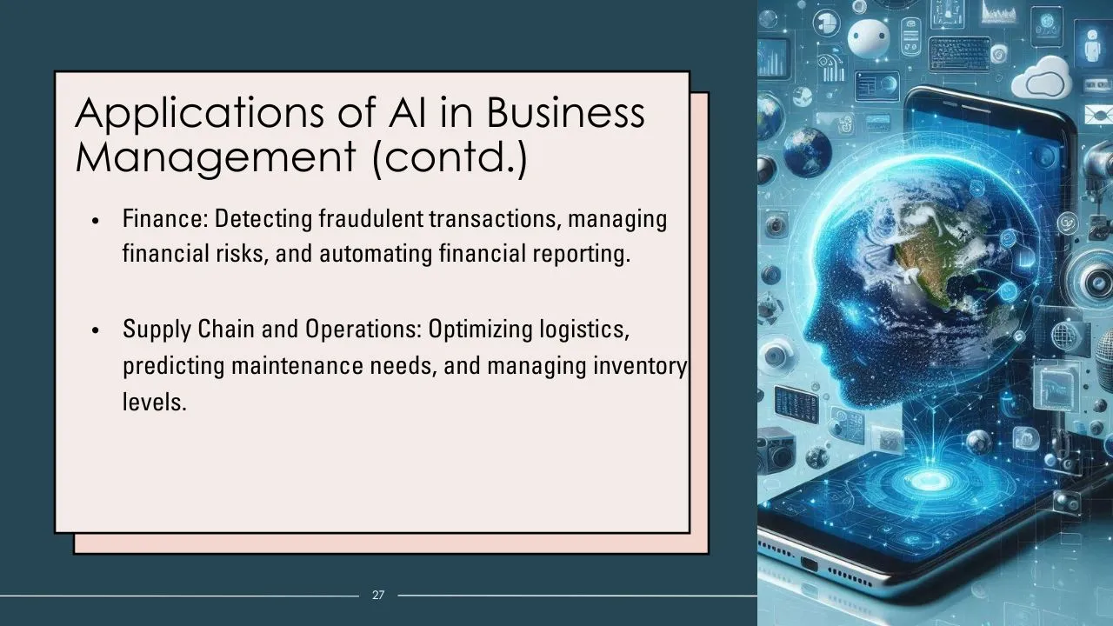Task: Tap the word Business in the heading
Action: tap(565, 111)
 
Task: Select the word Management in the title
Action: tap(216, 158)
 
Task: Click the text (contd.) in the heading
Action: tap(450, 157)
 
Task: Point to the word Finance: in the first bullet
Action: tap(165, 218)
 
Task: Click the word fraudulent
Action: tap(371, 218)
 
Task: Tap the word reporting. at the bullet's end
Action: tap(582, 255)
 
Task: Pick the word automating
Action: tap(376, 255)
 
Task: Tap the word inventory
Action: tap(640, 367)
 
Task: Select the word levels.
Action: tap(155, 402)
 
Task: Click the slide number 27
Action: tap(378, 595)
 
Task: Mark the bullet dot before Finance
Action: tap(96, 221)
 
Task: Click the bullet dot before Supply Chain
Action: tap(96, 331)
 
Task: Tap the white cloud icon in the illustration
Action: tap(1042, 79)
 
